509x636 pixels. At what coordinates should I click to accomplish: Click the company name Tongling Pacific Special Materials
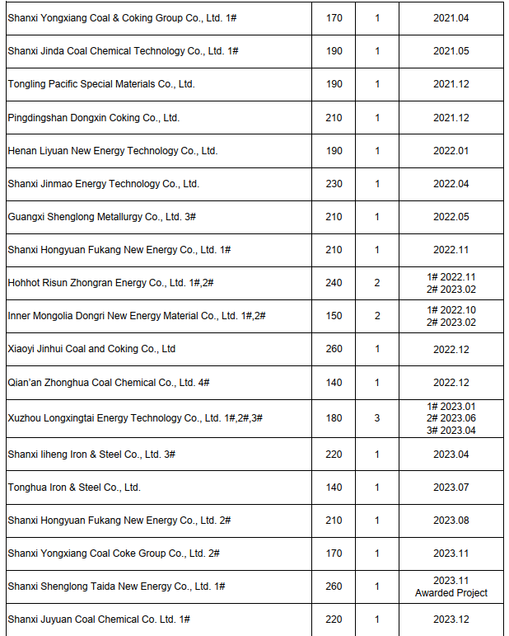click(x=101, y=84)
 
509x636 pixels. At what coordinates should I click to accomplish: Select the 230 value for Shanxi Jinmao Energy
click(x=334, y=184)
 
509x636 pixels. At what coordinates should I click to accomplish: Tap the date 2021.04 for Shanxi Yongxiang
click(x=451, y=17)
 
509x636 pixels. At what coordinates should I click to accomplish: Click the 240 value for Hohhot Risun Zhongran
click(x=334, y=283)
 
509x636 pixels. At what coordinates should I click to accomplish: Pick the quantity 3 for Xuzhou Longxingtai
click(x=377, y=418)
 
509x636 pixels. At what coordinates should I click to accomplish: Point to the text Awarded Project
click(x=451, y=593)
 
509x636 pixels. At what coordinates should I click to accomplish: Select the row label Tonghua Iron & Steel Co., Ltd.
click(x=74, y=488)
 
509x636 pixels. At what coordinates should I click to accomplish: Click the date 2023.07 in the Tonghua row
click(x=451, y=488)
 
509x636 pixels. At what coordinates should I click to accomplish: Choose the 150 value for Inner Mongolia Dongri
click(x=334, y=316)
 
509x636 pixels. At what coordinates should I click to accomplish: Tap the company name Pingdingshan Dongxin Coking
click(x=93, y=118)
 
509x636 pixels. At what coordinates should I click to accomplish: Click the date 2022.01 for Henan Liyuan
click(x=451, y=151)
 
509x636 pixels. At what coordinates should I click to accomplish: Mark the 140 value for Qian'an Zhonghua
click(x=334, y=383)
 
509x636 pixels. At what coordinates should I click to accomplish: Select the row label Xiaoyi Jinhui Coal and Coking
click(x=91, y=349)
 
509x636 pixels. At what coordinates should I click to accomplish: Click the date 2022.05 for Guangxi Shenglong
click(x=451, y=217)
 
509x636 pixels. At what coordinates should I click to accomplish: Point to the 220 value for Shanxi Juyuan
click(x=334, y=620)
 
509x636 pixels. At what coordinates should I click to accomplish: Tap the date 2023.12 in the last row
click(x=451, y=620)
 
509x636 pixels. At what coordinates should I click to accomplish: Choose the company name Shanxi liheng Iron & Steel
click(x=91, y=455)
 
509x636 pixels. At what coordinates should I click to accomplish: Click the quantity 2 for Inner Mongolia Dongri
click(x=377, y=316)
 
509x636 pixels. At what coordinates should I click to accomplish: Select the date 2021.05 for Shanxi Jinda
click(x=451, y=51)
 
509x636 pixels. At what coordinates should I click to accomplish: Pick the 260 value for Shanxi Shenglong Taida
click(x=334, y=587)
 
